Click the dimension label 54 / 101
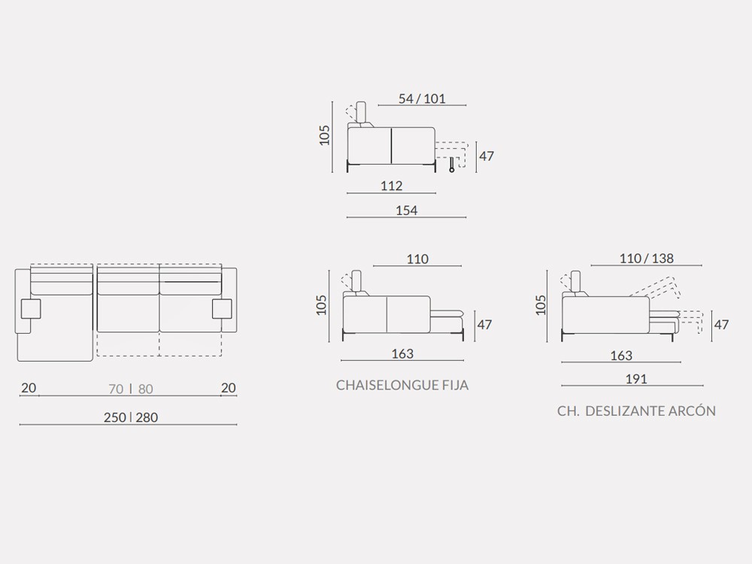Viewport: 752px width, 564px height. point(422,99)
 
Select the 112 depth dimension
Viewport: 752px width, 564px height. point(391,186)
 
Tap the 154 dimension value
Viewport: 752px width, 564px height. point(407,210)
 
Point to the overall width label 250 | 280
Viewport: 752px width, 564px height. point(131,417)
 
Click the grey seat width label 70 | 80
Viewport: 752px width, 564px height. point(131,389)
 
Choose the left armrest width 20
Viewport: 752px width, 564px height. point(29,387)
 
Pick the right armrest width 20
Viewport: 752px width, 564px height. point(229,387)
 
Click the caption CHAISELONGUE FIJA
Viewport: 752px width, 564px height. point(402,385)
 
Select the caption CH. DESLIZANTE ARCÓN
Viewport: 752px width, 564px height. point(636,411)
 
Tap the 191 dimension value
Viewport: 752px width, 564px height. point(636,379)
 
